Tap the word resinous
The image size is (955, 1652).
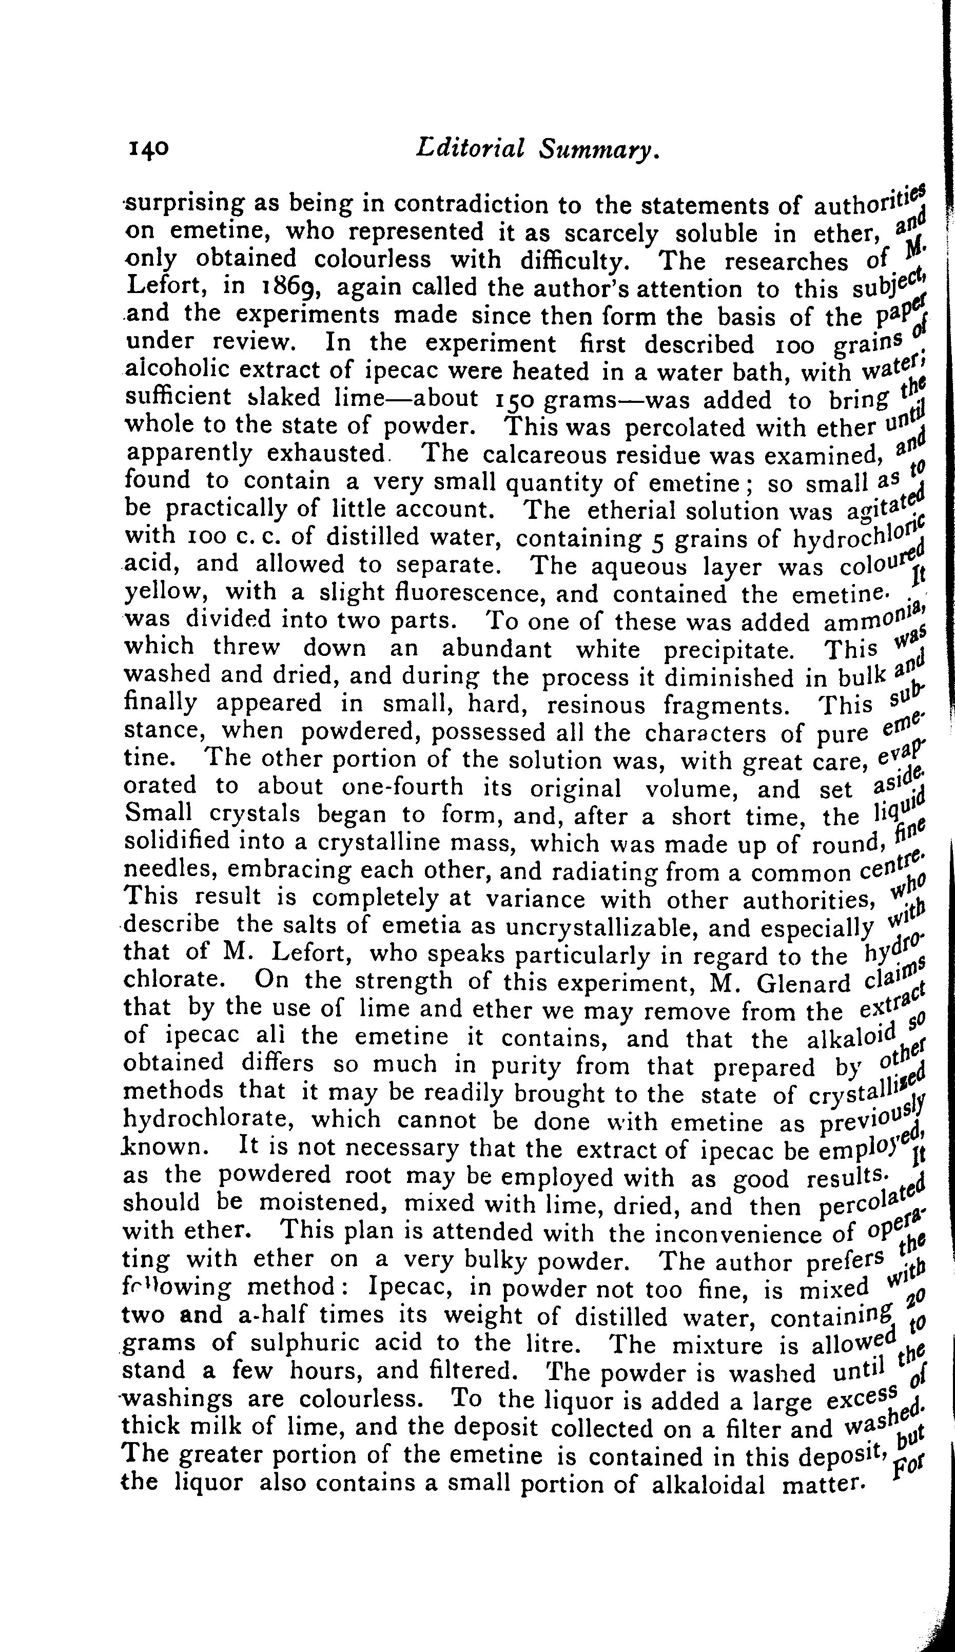click(x=593, y=705)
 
